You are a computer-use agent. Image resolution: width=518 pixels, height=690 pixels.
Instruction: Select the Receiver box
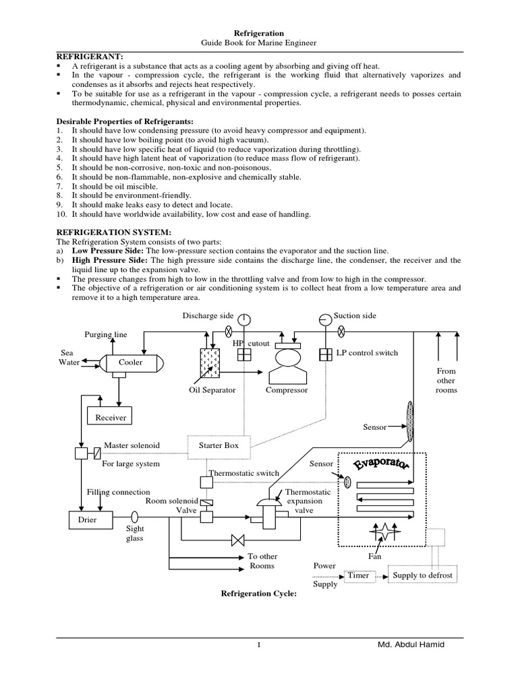(111, 418)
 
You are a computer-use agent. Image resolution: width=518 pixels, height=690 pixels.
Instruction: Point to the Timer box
(358, 576)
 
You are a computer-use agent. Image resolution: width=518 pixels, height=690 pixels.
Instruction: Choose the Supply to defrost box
(423, 575)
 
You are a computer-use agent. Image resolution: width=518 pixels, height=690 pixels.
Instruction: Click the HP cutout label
(251, 344)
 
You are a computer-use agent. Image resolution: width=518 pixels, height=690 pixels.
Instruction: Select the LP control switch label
(367, 352)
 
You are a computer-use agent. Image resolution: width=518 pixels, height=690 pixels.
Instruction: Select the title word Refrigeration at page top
(258, 33)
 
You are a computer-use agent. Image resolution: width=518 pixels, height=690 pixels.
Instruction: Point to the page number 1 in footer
(258, 646)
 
